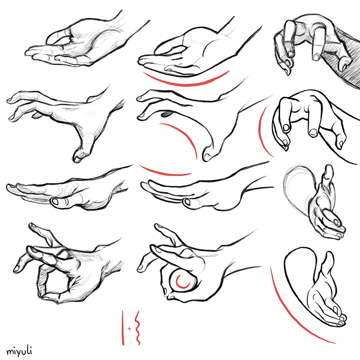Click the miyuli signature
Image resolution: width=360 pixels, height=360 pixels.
pyautogui.click(x=19, y=351)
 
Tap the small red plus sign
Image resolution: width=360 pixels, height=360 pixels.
pyautogui.click(x=130, y=328)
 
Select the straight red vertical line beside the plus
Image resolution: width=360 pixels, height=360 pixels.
pyautogui.click(x=123, y=328)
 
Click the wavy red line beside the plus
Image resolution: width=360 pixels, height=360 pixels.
pyautogui.click(x=138, y=328)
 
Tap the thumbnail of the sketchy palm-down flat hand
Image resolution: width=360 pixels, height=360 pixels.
pyautogui.click(x=56, y=202)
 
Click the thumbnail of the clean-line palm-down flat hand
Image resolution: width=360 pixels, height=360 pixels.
pyautogui.click(x=187, y=202)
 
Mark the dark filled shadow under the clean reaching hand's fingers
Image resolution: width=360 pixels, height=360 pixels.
pyautogui.click(x=167, y=113)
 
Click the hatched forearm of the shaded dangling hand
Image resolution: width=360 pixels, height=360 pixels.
pyautogui.click(x=349, y=60)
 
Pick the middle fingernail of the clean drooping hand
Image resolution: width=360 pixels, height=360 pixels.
pyautogui.click(x=313, y=132)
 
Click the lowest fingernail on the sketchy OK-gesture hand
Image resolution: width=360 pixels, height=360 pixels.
pyautogui.click(x=17, y=268)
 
